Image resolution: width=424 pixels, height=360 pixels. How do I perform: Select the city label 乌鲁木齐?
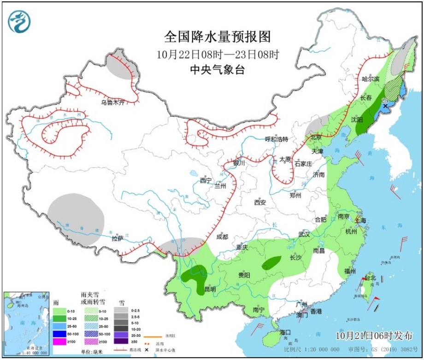click(113, 102)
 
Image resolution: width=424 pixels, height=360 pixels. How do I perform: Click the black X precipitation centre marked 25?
click(385, 106)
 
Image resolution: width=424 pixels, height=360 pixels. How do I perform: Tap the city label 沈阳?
click(357, 119)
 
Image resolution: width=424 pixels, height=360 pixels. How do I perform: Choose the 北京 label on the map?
click(316, 137)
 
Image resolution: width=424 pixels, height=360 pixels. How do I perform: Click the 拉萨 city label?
click(118, 238)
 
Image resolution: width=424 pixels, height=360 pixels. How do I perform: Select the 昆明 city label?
click(210, 289)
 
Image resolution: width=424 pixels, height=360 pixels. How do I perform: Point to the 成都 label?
click(222, 236)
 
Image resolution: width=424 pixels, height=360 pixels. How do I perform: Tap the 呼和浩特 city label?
click(276, 139)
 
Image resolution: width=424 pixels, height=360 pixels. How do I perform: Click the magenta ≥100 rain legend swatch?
click(59, 342)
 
